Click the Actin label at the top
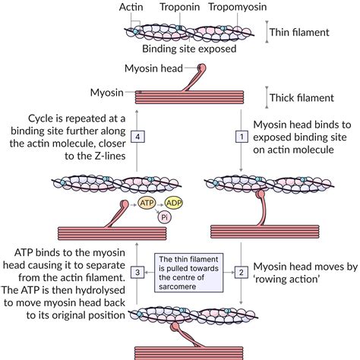131,8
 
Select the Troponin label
179,8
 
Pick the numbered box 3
137,271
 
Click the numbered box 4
137,136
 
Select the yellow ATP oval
148,204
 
